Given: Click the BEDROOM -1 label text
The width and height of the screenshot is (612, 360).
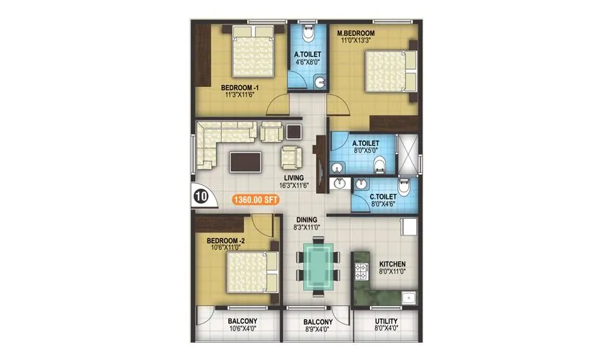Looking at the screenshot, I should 240,89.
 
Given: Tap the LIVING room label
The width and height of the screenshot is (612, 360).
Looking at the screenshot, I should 293,178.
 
